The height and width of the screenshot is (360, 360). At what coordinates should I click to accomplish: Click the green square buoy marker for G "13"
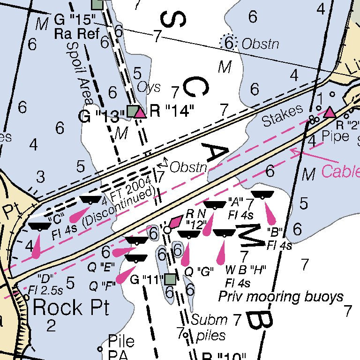point(133,112)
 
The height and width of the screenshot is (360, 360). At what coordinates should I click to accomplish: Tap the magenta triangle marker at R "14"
point(140,112)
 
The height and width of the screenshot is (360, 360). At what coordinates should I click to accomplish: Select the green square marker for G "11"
point(170,279)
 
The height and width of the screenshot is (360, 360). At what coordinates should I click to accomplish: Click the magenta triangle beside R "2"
point(330,112)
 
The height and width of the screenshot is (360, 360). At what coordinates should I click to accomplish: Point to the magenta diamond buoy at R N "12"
point(176,221)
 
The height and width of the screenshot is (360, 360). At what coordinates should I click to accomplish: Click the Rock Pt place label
point(71,308)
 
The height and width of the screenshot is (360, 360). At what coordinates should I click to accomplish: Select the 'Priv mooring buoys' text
point(281,297)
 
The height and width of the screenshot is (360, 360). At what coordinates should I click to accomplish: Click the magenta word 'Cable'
point(340,172)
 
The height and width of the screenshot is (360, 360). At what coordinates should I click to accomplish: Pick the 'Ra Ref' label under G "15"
point(77,34)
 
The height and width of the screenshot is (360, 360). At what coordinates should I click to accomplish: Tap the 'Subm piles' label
point(209,327)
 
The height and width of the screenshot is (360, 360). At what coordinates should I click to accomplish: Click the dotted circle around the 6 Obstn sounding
point(229,43)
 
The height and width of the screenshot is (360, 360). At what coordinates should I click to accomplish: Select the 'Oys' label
point(149,87)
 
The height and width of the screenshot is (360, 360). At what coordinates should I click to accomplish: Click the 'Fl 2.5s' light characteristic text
point(45,290)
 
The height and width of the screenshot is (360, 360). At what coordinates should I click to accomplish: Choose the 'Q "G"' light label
point(199,271)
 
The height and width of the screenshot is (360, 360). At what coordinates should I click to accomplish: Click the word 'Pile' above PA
point(120,341)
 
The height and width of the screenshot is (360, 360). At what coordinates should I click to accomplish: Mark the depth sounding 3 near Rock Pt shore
point(41,177)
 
